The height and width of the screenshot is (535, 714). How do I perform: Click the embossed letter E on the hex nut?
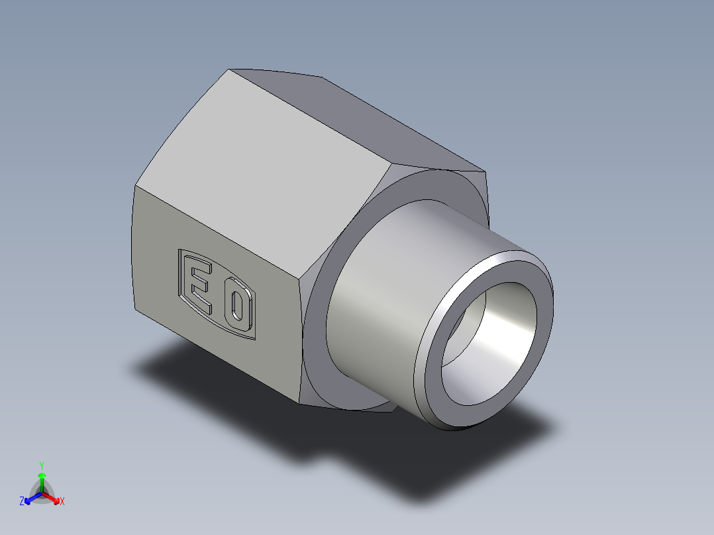201,287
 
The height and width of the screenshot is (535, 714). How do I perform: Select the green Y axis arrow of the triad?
42,477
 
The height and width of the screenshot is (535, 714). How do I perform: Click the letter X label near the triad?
62,502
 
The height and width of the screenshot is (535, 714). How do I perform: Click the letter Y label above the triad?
42,465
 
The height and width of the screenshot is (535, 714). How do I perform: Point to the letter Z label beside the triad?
22,502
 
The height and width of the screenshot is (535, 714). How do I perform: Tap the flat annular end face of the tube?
437,397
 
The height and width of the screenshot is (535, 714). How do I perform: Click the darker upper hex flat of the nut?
371,119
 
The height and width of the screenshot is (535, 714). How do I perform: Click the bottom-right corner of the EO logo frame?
254,339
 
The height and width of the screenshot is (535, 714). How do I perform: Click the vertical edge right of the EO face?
301,341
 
